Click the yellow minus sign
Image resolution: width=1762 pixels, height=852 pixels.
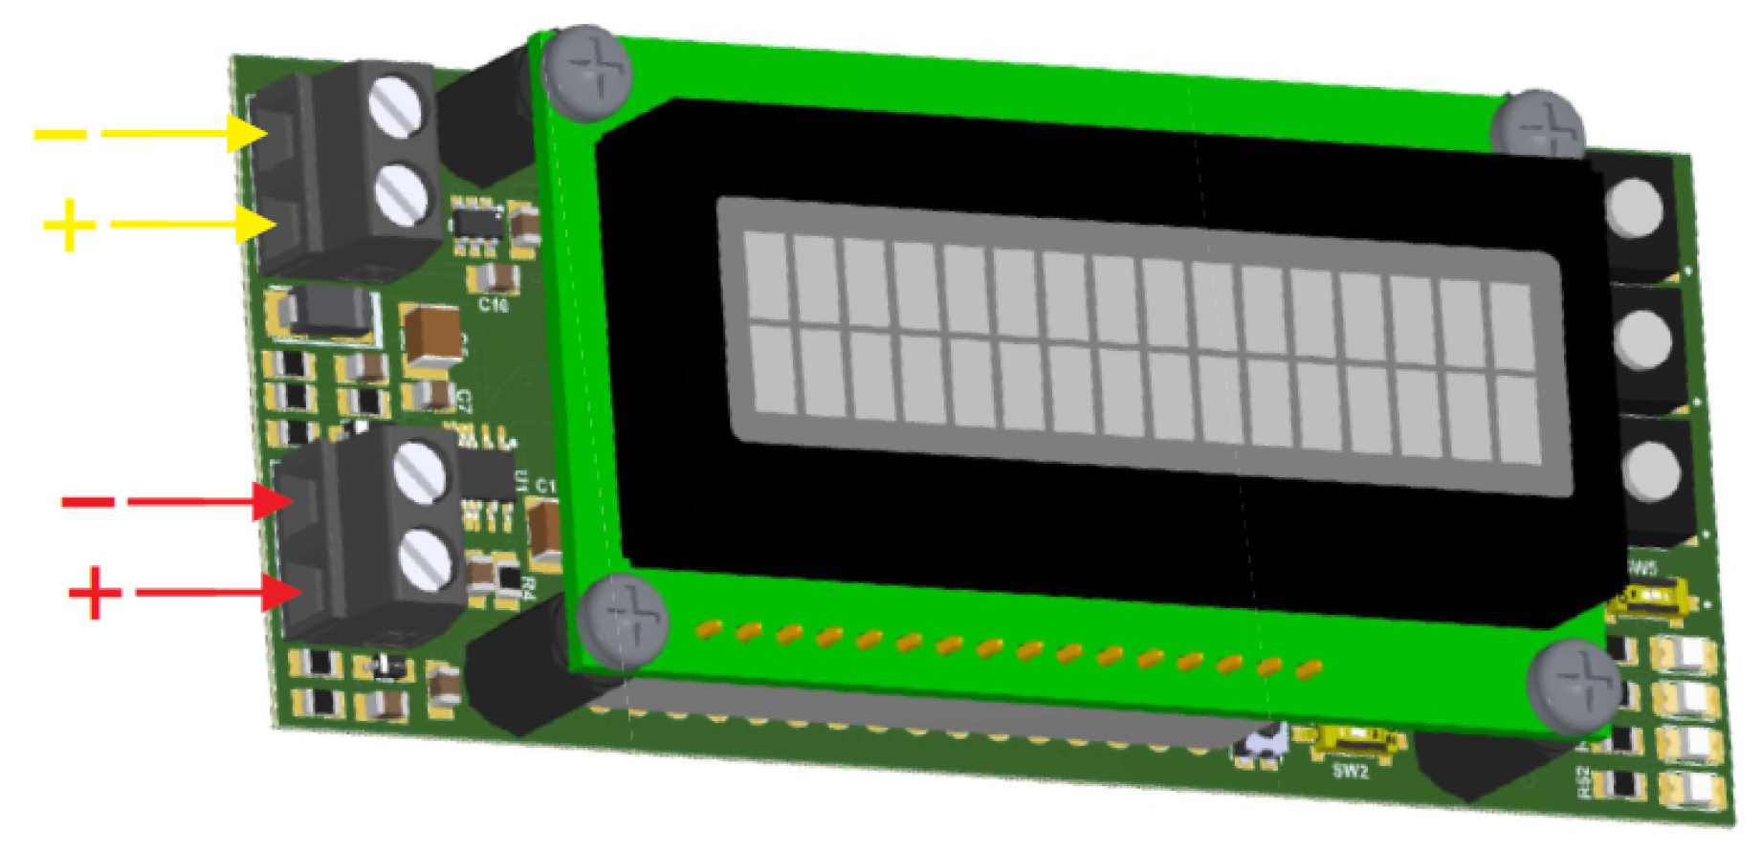[x=59, y=134]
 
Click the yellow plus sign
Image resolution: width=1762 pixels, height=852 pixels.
[x=69, y=225]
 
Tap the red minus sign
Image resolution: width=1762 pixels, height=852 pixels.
[x=88, y=501]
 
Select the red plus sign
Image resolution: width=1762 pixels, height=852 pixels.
[x=95, y=592]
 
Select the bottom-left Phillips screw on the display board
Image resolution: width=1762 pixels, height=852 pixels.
[x=623, y=620]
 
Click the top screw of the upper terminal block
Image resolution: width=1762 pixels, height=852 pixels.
[x=396, y=106]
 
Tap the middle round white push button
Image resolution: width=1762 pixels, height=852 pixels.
[x=1642, y=339]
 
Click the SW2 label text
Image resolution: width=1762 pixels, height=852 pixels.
[x=1350, y=771]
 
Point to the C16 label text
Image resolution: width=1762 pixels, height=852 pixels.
[x=494, y=305]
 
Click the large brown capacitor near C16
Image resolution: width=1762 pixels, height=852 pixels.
[x=431, y=335]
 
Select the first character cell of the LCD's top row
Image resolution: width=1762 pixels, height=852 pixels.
[x=765, y=274]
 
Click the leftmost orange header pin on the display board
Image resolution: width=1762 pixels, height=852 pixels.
[x=708, y=628]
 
